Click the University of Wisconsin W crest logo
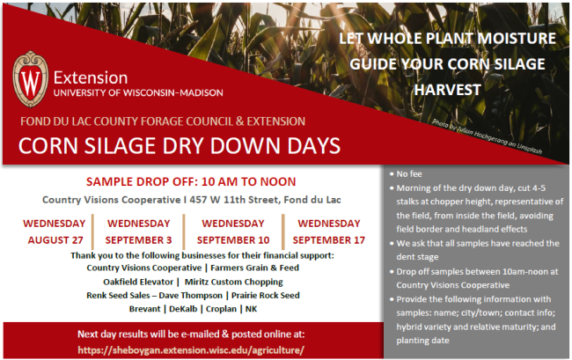click(30, 79)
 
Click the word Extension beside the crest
click(91, 78)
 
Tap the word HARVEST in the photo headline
click(447, 90)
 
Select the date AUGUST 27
click(55, 240)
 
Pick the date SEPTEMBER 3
click(139, 240)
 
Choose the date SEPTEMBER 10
click(233, 240)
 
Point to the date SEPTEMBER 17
click(329, 240)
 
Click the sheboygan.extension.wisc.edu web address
click(191, 350)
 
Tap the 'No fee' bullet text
click(409, 174)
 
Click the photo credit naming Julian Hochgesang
click(487, 136)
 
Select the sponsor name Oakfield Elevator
click(138, 282)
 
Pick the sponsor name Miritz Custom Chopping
click(233, 282)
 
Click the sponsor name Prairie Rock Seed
click(265, 296)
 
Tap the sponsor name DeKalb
click(183, 309)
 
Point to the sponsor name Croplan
click(221, 309)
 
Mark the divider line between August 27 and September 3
click(92, 232)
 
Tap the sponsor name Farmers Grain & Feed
click(254, 268)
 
